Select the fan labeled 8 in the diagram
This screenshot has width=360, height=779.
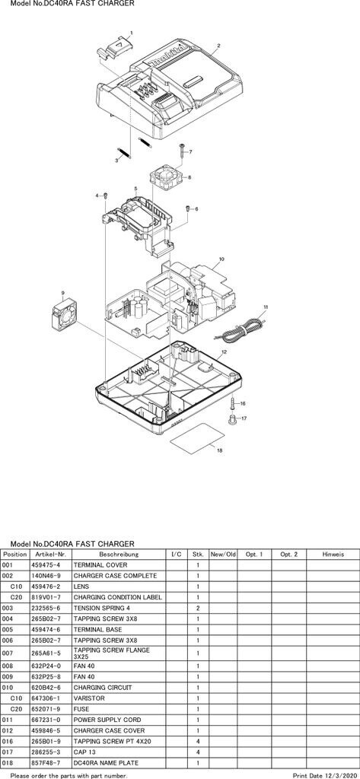(x=166, y=176)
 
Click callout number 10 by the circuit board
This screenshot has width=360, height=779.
(x=221, y=259)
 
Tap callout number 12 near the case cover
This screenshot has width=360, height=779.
(x=225, y=351)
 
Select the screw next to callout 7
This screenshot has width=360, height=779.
(x=183, y=150)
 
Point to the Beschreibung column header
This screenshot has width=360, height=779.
(x=119, y=554)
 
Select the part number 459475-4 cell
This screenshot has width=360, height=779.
(x=46, y=565)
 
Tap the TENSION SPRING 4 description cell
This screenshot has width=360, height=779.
(x=102, y=608)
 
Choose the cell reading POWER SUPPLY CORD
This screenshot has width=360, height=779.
(x=107, y=720)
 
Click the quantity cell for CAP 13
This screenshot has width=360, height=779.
(x=197, y=752)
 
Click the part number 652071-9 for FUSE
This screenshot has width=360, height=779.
(x=46, y=709)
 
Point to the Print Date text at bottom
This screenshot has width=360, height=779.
(x=325, y=775)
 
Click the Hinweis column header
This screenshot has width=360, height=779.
(x=332, y=554)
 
